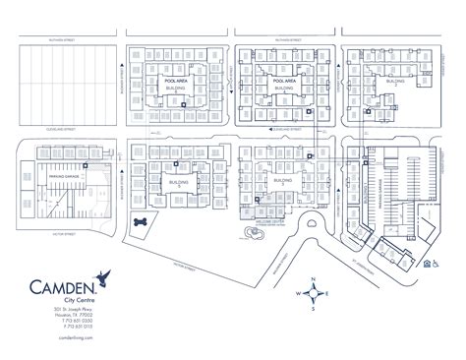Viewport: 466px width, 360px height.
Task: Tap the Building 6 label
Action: tap(176, 89)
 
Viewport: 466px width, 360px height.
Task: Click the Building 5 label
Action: tap(179, 184)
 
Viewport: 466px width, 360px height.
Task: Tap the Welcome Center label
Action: tap(270, 221)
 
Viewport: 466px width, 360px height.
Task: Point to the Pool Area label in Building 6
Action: tap(176, 81)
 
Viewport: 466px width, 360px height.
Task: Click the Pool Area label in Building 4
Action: tap(284, 81)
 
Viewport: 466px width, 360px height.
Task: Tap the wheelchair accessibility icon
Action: tap(430, 263)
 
